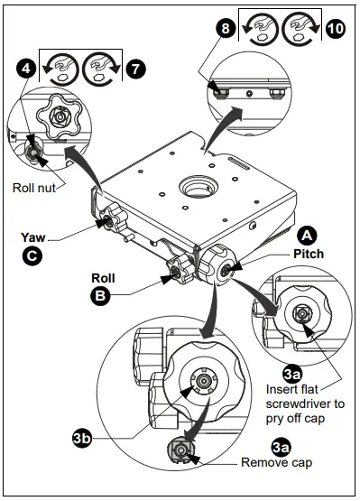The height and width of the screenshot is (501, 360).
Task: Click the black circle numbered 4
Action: (x=27, y=68)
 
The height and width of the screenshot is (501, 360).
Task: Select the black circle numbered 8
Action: (x=226, y=29)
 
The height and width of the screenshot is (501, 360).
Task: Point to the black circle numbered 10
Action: (x=335, y=29)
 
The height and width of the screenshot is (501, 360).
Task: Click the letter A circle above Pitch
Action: (x=309, y=234)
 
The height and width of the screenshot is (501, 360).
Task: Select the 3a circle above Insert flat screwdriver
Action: (x=292, y=371)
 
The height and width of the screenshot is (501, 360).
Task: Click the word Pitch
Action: (x=308, y=255)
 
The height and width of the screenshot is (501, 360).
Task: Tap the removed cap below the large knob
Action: (x=180, y=450)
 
